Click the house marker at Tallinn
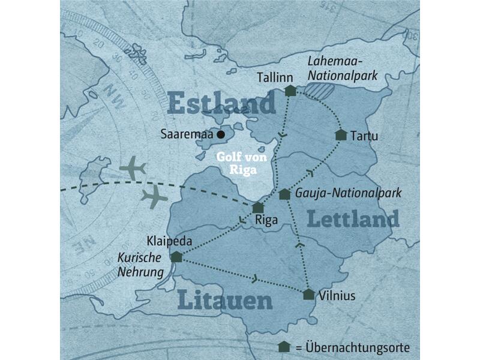tap(290, 91)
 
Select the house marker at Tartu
tap(341, 135)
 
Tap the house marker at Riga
tap(258, 208)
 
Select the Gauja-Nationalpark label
tap(349, 194)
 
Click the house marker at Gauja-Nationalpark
tap(284, 194)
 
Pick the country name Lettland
tap(353, 219)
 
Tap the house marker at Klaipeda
tap(176, 257)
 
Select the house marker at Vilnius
tap(308, 294)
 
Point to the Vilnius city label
tap(338, 296)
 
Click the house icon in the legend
tap(284, 347)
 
